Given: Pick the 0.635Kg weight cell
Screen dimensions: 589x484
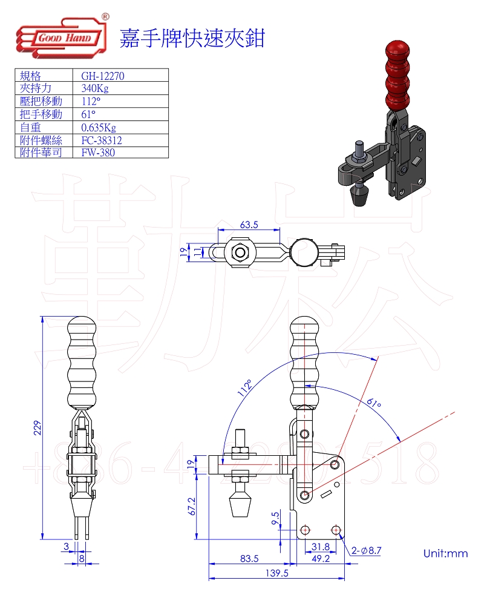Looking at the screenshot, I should [x=98, y=127].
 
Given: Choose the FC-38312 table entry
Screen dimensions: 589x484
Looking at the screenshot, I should [x=102, y=140].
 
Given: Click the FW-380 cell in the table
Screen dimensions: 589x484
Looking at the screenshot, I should [x=97, y=153].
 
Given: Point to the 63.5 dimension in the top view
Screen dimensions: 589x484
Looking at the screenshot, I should [x=249, y=225].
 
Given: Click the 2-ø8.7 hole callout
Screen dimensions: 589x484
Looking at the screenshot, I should [x=366, y=550].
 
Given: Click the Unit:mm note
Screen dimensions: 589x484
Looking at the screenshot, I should [x=445, y=553].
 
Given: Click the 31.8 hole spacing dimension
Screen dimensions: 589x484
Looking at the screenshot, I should [x=320, y=547].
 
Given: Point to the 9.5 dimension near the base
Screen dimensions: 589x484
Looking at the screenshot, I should [x=275, y=518].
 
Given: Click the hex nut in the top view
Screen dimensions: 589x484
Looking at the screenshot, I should [x=240, y=251].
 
